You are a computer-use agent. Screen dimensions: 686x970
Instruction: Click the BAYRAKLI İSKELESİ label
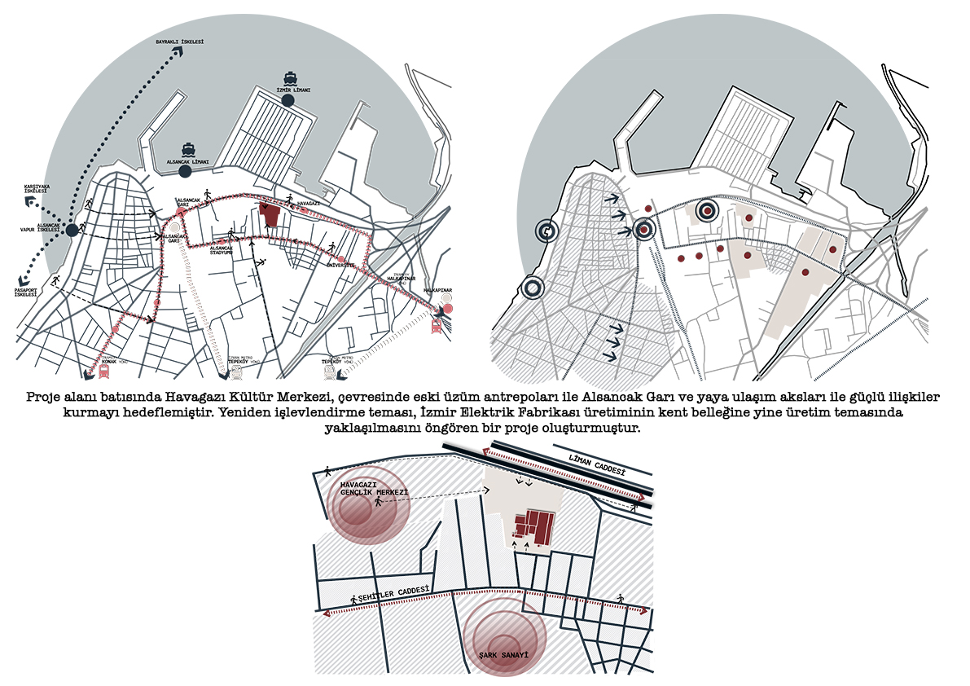click(179, 42)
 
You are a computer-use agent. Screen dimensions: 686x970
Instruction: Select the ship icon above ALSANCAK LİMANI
click(188, 149)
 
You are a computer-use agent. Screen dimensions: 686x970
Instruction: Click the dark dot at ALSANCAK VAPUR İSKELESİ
click(72, 230)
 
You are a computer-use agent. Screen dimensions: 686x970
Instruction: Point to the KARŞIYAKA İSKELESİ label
click(37, 189)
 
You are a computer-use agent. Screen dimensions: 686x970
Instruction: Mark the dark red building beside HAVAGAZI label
click(270, 217)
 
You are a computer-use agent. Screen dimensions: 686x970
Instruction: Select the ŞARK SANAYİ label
click(503, 654)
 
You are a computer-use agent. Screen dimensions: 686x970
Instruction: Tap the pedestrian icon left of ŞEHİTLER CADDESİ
click(353, 600)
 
